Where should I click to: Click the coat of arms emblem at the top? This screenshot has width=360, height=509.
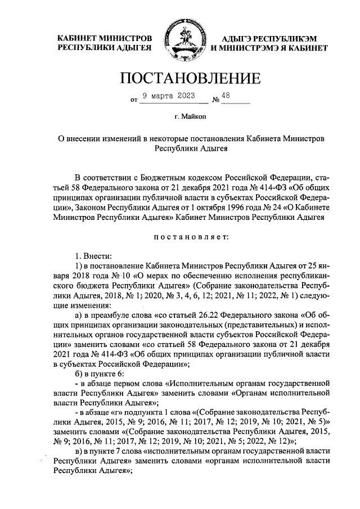(181, 41)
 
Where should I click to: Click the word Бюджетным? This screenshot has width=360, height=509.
(160, 176)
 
